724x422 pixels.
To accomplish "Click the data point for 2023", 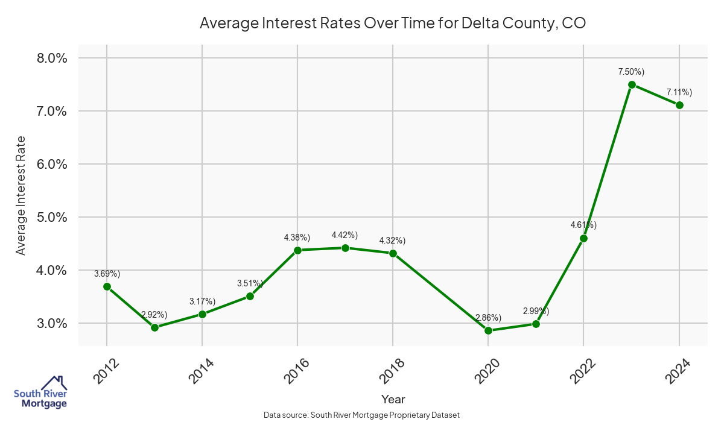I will [632, 85].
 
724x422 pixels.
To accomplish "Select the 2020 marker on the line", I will [488, 330].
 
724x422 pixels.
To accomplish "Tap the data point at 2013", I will [154, 327].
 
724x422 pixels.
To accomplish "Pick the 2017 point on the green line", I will [345, 248].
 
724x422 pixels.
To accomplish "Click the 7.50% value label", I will [631, 72].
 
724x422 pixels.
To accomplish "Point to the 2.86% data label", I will [488, 318].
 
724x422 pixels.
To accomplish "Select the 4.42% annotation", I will [345, 235].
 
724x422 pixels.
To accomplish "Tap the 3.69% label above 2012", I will [107, 274].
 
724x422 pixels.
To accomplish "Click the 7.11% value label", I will [679, 92].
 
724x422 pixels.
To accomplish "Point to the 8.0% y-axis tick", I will [52, 58].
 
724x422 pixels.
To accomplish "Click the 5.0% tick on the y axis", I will [52, 217].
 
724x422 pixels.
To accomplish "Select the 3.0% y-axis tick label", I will [52, 323].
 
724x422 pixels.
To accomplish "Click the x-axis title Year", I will [393, 399].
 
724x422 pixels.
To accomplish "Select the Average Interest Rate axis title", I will [21, 195].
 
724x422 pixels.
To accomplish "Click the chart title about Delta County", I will [393, 24].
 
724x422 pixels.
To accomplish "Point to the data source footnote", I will [362, 415].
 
